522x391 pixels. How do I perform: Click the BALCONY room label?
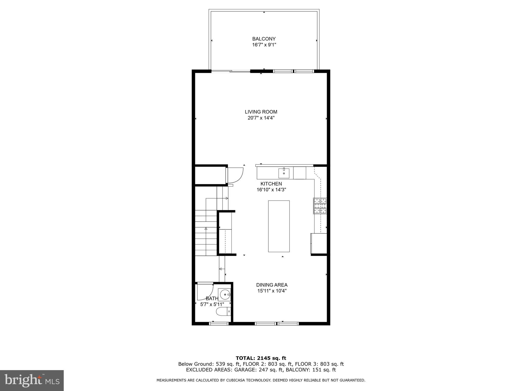(264, 39)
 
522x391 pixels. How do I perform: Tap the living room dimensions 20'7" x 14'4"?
(261, 118)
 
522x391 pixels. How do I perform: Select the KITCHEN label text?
(271, 184)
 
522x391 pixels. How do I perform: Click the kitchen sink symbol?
(284, 173)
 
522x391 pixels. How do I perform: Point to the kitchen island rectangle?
(279, 226)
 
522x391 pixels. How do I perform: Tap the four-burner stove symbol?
(320, 206)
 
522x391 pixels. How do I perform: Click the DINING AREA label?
(272, 285)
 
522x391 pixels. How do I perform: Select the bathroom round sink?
(225, 295)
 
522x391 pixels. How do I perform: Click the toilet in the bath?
(223, 311)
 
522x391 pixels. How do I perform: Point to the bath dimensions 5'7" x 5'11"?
(212, 304)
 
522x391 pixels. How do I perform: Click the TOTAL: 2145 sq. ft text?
(261, 358)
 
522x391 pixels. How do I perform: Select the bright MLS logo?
(32, 380)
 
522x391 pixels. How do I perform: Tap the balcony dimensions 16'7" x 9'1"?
(264, 45)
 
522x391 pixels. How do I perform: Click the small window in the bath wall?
(219, 324)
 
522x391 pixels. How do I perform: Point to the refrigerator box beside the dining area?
(319, 243)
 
